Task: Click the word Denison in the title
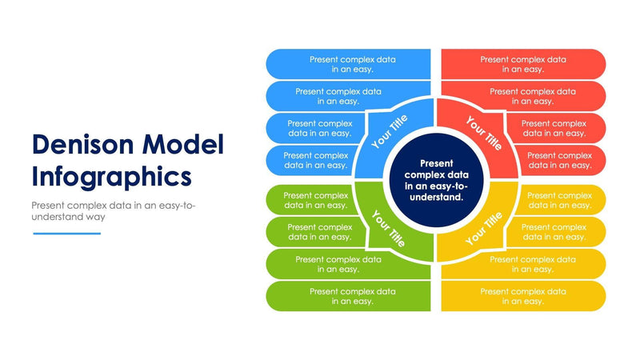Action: pyautogui.click(x=82, y=144)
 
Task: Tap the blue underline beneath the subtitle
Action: pyautogui.click(x=67, y=234)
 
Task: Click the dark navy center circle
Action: pyautogui.click(x=436, y=180)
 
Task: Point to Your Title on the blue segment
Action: pyautogui.click(x=390, y=132)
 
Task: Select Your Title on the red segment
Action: pyautogui.click(x=483, y=133)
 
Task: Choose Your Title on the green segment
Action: pyautogui.click(x=388, y=227)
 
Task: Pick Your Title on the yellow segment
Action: pyautogui.click(x=484, y=227)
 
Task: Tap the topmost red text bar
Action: pyautogui.click(x=523, y=64)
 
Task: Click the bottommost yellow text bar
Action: pyautogui.click(x=523, y=296)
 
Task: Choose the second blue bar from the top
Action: pyautogui.click(x=336, y=96)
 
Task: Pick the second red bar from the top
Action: pyautogui.click(x=533, y=96)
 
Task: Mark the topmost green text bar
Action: pyautogui.click(x=312, y=200)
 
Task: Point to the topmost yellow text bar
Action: pyautogui.click(x=560, y=200)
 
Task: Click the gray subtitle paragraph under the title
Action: pyautogui.click(x=112, y=210)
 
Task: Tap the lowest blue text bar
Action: pyautogui.click(x=312, y=160)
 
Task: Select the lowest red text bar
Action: pyautogui.click(x=560, y=160)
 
